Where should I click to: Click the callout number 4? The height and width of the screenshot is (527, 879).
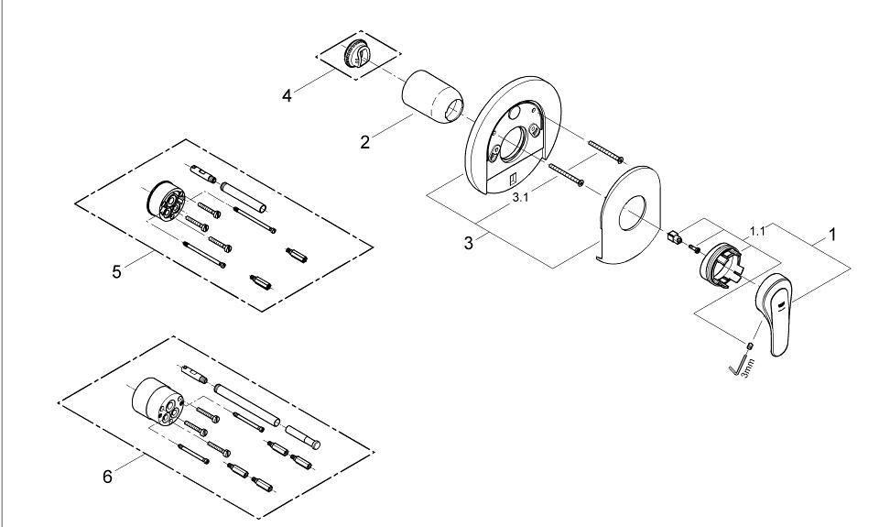point(287,96)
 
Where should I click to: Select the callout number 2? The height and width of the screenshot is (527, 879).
point(365,143)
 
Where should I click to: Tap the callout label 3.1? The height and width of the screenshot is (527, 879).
point(520,198)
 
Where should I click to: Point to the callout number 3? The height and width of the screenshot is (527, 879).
point(469,244)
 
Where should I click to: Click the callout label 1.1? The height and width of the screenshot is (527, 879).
point(757,231)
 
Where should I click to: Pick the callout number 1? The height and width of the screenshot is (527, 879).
point(832,235)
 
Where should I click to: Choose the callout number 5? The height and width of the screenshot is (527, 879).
point(116,272)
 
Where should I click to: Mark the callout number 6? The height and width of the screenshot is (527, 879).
point(108,477)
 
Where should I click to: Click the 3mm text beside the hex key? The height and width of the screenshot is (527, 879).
point(748,368)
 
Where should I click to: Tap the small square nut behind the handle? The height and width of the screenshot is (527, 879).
point(675,236)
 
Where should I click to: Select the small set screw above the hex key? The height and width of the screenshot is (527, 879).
point(750,344)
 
